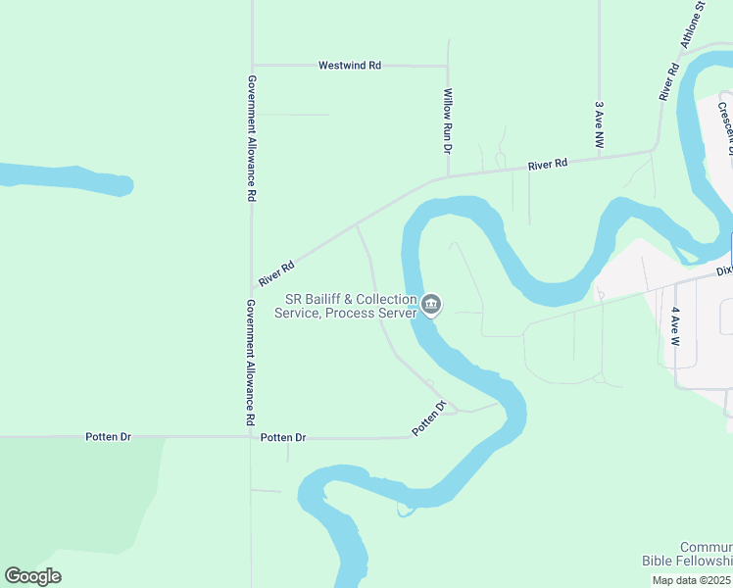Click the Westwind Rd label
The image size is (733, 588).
(x=350, y=66)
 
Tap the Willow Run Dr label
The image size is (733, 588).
(x=447, y=121)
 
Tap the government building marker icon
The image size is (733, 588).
(x=431, y=306)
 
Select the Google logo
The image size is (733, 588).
(x=32, y=576)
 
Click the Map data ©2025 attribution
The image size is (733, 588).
(x=691, y=580)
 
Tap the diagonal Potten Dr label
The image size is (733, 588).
(x=428, y=418)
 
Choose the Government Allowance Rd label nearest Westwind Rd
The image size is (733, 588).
(x=252, y=138)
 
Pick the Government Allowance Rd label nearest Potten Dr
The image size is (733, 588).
(x=252, y=362)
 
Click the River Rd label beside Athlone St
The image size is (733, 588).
(x=669, y=82)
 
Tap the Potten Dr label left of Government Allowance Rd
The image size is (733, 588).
(x=108, y=437)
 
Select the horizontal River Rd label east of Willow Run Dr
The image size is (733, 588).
(x=547, y=166)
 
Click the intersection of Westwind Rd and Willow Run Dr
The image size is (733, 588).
(x=448, y=67)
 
